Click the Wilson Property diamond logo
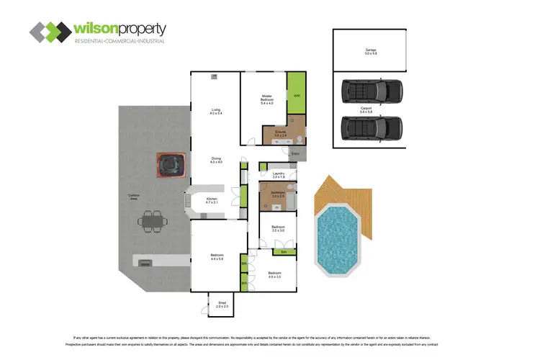[49, 32]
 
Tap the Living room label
[215, 111]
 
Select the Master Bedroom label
[266, 99]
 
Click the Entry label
[295, 153]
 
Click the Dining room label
[215, 160]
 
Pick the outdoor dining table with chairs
[152, 221]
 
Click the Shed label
[222, 305]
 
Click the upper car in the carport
[371, 92]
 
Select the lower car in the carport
[371, 128]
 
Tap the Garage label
[371, 51]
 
